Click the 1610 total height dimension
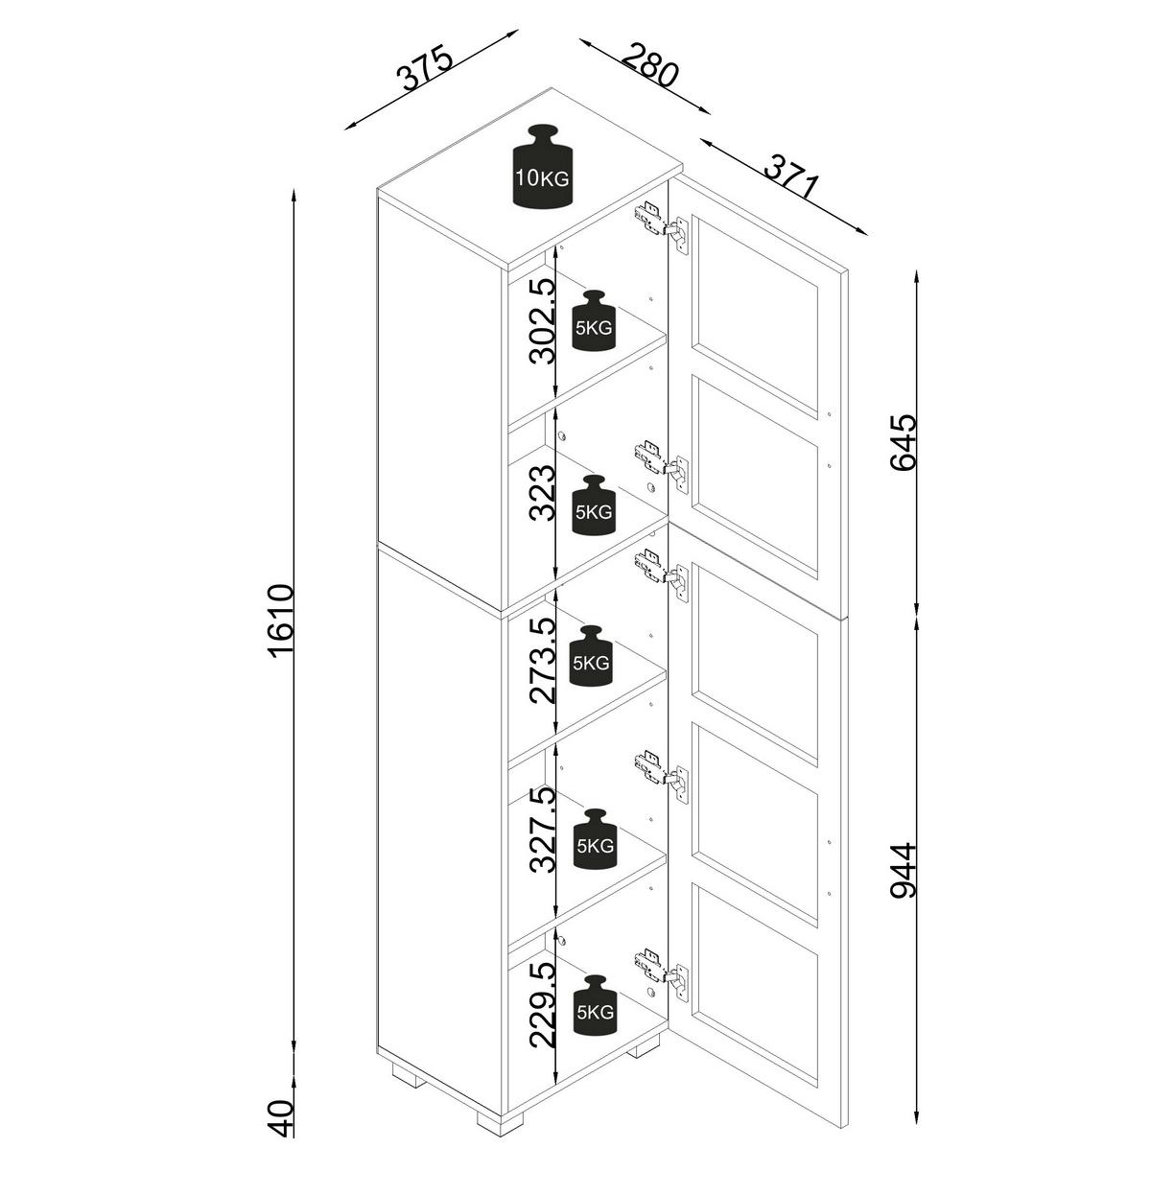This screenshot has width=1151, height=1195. pos(282,621)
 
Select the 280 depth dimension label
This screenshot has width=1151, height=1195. pos(650,64)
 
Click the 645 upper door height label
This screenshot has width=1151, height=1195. pos(904,443)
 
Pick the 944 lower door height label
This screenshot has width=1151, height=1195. pos(904,872)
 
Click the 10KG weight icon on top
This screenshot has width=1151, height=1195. pos(543,167)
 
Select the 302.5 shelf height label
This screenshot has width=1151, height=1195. pos(542,321)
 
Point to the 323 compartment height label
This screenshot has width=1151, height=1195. pos(542,493)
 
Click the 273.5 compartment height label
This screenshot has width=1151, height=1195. pos(542,661)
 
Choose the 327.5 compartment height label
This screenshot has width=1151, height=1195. pos(542,831)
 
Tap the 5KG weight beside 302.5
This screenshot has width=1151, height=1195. pos(594,320)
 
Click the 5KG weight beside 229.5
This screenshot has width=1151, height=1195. pos(595,1005)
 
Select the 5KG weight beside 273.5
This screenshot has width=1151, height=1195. pos(592,656)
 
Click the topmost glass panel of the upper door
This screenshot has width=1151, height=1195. pos(756,316)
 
